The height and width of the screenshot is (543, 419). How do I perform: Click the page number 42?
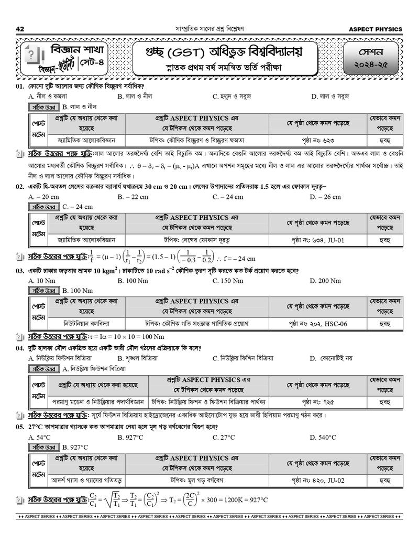pos(20,29)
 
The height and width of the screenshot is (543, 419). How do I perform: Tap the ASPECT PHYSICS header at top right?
pos(376,29)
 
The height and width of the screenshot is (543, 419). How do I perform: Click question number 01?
pos(20,86)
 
